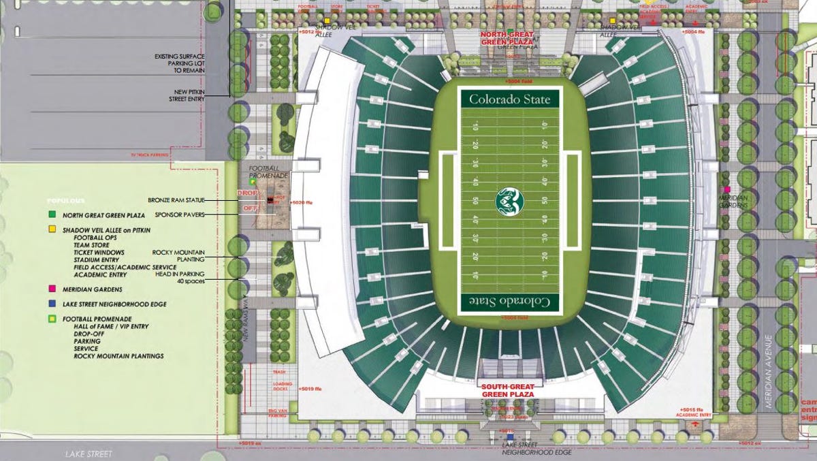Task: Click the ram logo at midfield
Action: pos(510,200)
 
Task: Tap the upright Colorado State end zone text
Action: pos(510,99)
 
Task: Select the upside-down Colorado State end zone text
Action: pos(510,301)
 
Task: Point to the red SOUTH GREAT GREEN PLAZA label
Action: pos(507,390)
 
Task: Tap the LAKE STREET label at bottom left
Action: pos(89,454)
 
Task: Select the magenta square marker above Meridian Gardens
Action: pos(728,189)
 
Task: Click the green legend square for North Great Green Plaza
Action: pos(51,215)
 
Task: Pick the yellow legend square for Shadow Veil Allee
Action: pos(51,230)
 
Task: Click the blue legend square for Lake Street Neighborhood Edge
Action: pos(51,304)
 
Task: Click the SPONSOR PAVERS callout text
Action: pos(180,214)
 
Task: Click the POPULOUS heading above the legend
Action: pos(66,201)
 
